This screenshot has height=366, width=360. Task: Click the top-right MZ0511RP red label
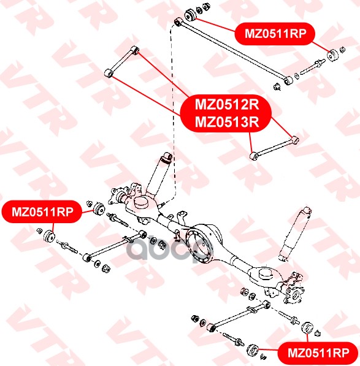(x=275, y=34)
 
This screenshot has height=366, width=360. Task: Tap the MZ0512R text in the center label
(x=227, y=104)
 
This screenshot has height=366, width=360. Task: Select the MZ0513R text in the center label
(x=227, y=121)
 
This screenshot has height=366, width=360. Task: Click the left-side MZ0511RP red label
(x=42, y=212)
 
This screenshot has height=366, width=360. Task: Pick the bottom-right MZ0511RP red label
(x=318, y=353)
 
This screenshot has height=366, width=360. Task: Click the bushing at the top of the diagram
(x=191, y=15)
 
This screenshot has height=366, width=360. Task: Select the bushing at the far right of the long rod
(x=333, y=55)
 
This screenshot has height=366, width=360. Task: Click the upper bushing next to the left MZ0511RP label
(x=99, y=209)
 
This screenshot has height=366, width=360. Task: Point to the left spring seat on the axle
(x=140, y=203)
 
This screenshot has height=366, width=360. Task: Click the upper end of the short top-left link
(x=135, y=50)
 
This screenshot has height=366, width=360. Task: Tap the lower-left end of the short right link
(x=254, y=156)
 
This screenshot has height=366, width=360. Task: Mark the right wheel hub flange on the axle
(x=294, y=294)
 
